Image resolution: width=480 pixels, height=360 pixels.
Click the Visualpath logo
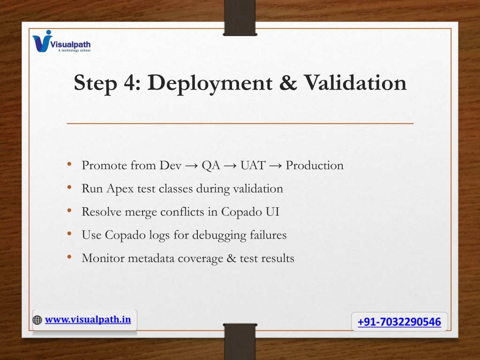click(x=61, y=41)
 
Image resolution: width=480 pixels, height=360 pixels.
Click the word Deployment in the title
click(x=210, y=83)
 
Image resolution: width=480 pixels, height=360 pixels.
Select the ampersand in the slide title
click(x=288, y=82)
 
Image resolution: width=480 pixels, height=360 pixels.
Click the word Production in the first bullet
click(x=315, y=165)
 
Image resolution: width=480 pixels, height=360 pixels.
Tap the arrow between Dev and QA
click(x=192, y=166)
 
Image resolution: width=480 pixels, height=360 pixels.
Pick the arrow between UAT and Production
click(x=275, y=166)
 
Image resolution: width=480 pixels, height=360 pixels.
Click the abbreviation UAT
click(x=253, y=165)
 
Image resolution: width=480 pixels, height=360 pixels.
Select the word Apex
click(x=120, y=189)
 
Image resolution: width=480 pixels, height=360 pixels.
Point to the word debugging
click(x=219, y=235)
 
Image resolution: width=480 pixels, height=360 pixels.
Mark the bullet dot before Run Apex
click(x=69, y=187)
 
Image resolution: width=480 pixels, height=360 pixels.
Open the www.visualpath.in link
click(x=88, y=320)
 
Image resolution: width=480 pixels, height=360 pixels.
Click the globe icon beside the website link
click(x=37, y=320)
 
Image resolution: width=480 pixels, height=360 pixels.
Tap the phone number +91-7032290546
click(x=399, y=322)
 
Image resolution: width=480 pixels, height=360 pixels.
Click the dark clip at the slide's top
click(x=240, y=18)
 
